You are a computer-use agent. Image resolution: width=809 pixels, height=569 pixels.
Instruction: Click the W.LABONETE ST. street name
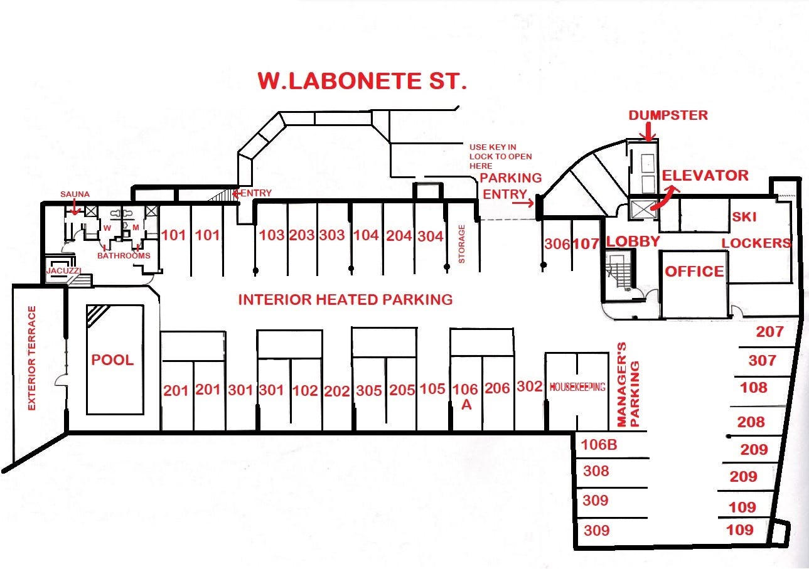click(362, 82)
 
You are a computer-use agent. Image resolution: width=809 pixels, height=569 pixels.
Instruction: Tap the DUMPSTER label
click(668, 115)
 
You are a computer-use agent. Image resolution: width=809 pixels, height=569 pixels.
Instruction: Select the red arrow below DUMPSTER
click(648, 130)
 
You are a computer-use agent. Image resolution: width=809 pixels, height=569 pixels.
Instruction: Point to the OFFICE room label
click(694, 272)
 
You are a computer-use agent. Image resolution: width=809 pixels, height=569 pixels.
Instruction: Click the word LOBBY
click(633, 242)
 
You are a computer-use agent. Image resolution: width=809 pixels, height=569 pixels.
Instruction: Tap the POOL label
click(112, 359)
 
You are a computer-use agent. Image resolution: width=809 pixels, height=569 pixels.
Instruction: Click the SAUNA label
click(75, 194)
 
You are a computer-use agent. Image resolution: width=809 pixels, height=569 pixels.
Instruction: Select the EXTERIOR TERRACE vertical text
click(32, 358)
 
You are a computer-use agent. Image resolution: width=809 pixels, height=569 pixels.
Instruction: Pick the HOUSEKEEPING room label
click(577, 387)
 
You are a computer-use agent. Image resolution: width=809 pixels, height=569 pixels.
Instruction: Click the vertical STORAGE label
click(462, 244)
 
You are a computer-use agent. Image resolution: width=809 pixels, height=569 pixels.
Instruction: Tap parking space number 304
click(431, 236)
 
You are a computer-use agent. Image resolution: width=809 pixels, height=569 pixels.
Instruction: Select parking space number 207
click(769, 331)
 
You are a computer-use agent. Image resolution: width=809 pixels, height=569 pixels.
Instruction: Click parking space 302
click(529, 386)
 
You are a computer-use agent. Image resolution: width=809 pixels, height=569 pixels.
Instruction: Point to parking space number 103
click(272, 235)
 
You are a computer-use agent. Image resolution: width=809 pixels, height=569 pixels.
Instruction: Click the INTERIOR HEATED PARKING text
click(345, 299)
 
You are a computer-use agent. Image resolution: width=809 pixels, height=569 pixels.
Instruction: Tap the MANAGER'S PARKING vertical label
click(628, 385)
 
